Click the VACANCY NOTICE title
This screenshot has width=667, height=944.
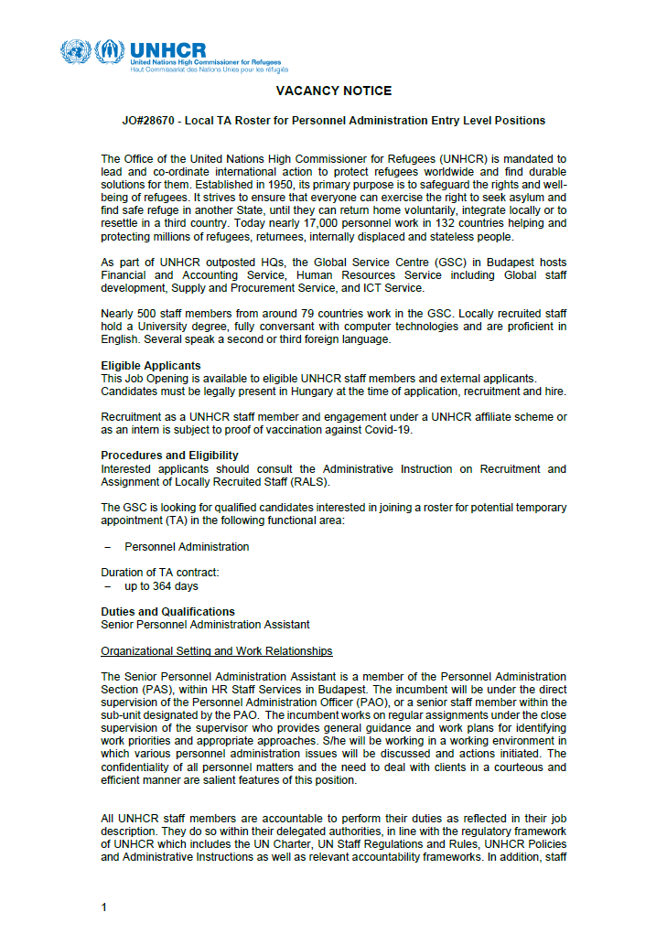point(333,91)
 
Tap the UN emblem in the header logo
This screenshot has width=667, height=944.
point(76,52)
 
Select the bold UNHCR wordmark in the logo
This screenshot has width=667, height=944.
point(168,49)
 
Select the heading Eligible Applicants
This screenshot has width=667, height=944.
point(150,366)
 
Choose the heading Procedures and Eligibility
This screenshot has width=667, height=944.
point(169,456)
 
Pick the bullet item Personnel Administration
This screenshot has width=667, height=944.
point(187,547)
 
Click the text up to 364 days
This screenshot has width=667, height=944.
point(161,585)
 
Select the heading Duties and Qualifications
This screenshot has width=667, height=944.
point(167,612)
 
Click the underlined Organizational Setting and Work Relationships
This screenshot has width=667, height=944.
point(216,651)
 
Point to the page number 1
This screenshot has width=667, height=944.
point(104,882)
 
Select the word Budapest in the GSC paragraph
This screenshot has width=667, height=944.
point(506,263)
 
